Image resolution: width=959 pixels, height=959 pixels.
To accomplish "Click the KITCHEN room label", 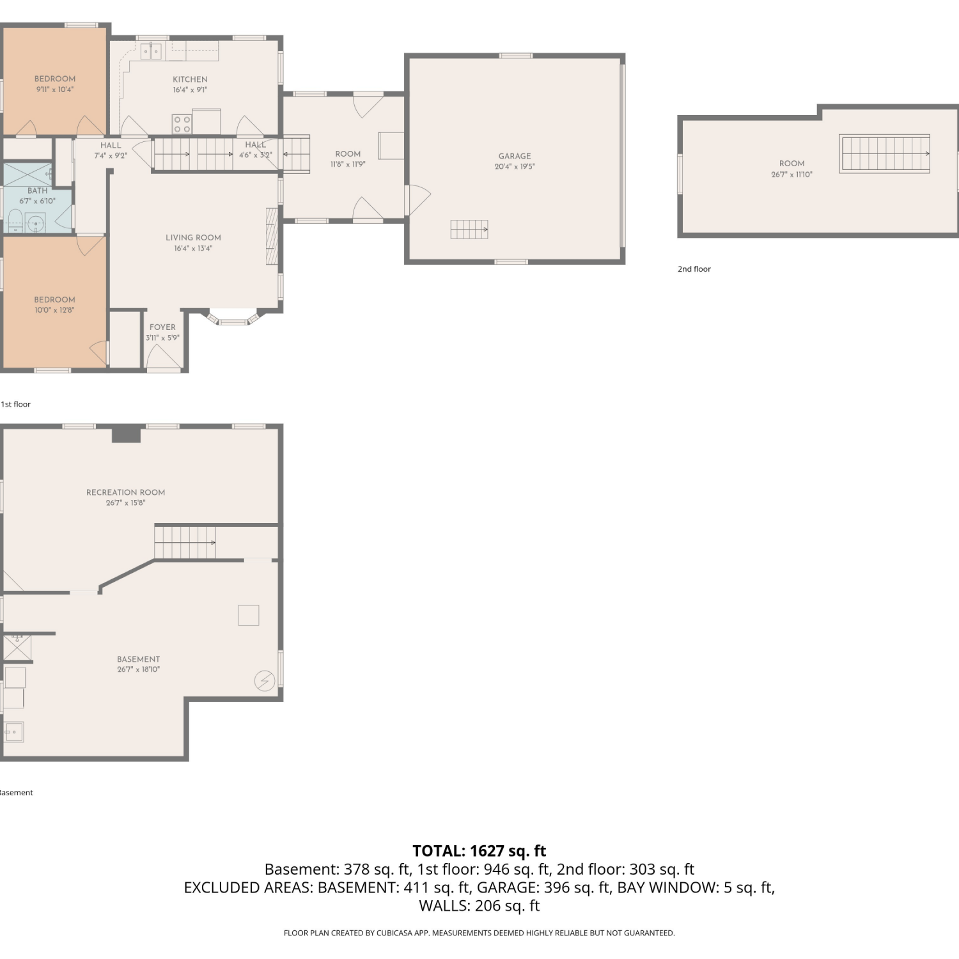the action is (190, 79).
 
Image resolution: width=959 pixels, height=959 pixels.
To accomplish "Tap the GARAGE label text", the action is (515, 156).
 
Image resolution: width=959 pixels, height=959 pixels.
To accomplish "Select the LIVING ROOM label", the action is (193, 238).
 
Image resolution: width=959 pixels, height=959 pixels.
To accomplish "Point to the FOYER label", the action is (162, 327).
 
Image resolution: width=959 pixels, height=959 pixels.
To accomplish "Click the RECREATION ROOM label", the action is (125, 492).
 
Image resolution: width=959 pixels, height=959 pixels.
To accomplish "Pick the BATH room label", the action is (37, 191).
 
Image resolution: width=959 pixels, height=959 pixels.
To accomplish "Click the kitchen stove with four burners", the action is (182, 124).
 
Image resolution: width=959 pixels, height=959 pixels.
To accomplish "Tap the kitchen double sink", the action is (151, 51).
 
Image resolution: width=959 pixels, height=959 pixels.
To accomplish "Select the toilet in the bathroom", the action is (14, 221).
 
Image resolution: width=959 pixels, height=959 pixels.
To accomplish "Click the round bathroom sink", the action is (36, 224).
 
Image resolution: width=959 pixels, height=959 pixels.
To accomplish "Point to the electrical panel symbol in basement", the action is (265, 681).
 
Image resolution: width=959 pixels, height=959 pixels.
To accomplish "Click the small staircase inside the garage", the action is (469, 229).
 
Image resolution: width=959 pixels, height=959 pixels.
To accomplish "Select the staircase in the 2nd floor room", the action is (885, 154).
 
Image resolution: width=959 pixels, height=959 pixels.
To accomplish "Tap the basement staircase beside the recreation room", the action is (185, 542).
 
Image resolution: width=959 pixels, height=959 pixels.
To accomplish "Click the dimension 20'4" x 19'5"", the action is (515, 166).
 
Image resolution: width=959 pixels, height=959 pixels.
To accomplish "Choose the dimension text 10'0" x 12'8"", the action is (54, 310).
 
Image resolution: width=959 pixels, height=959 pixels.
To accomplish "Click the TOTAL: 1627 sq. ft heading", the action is (479, 851).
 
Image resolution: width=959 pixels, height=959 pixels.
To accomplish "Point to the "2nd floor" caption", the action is (694, 269).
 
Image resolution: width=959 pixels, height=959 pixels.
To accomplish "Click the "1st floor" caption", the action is (16, 404).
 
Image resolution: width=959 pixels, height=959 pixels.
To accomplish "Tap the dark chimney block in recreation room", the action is (126, 435).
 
